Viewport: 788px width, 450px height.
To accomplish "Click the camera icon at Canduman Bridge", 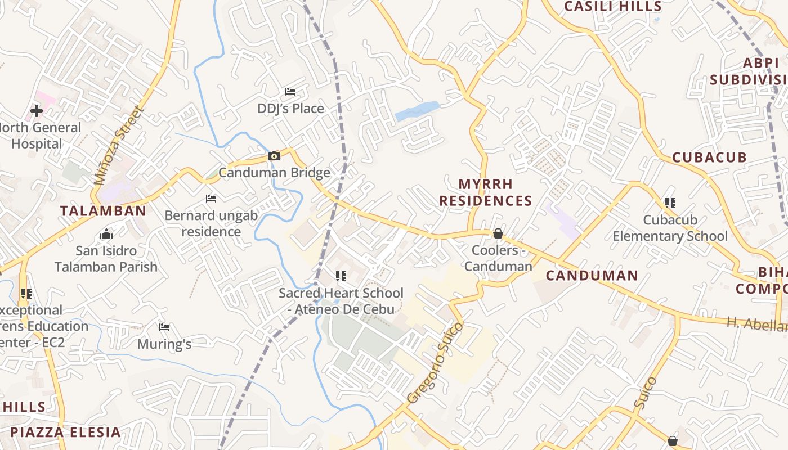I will (274, 156).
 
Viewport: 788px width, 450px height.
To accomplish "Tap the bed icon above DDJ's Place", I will (290, 91).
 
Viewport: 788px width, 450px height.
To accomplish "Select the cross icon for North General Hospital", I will (37, 111).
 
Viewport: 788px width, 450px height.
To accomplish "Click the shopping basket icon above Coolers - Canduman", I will (498, 233).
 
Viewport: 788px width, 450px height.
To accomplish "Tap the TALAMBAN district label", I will (103, 211).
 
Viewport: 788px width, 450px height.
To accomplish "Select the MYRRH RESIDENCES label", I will (486, 192).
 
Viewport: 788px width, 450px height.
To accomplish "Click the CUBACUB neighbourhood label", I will (709, 157).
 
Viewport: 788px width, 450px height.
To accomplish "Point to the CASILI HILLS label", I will (612, 7).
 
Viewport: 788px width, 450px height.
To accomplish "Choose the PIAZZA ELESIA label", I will (65, 432).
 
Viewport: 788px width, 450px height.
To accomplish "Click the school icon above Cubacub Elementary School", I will (670, 202).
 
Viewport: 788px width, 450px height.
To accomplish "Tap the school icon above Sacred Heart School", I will (341, 276).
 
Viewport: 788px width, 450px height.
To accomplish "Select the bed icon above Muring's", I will (164, 327).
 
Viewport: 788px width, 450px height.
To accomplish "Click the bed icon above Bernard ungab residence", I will (211, 199).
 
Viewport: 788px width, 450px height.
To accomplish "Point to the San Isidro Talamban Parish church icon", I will (106, 234).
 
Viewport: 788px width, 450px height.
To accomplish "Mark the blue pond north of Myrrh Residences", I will (417, 110).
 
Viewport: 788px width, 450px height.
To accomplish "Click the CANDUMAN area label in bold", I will (592, 276).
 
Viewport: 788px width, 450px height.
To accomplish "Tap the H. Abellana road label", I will (757, 324).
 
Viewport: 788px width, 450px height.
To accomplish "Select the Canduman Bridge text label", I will (274, 172).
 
